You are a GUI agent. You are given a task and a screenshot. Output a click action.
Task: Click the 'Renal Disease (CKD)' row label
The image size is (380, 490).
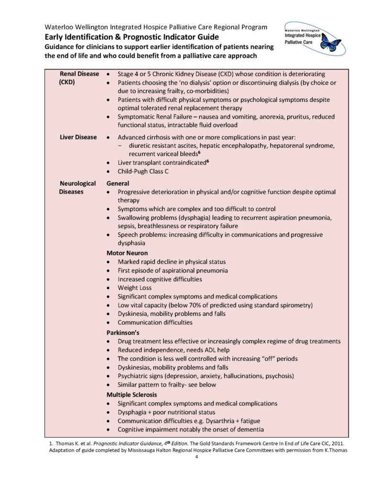coord(79,78)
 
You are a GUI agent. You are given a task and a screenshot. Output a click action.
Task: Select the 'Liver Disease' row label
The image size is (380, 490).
coord(78,137)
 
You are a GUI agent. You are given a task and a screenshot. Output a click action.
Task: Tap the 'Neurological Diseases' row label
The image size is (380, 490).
coord(77,188)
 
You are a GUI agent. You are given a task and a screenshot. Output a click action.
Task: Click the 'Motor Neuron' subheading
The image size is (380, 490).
coord(127,253)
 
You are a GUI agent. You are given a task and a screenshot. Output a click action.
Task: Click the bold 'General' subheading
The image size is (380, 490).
coord(118,183)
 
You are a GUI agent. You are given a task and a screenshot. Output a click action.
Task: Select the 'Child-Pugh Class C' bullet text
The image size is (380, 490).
coord(143,171)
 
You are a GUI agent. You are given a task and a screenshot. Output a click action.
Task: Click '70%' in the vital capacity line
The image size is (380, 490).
coord(204,305)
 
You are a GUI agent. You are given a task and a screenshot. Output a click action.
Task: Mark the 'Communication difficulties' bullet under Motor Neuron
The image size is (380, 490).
coord(155,323)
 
